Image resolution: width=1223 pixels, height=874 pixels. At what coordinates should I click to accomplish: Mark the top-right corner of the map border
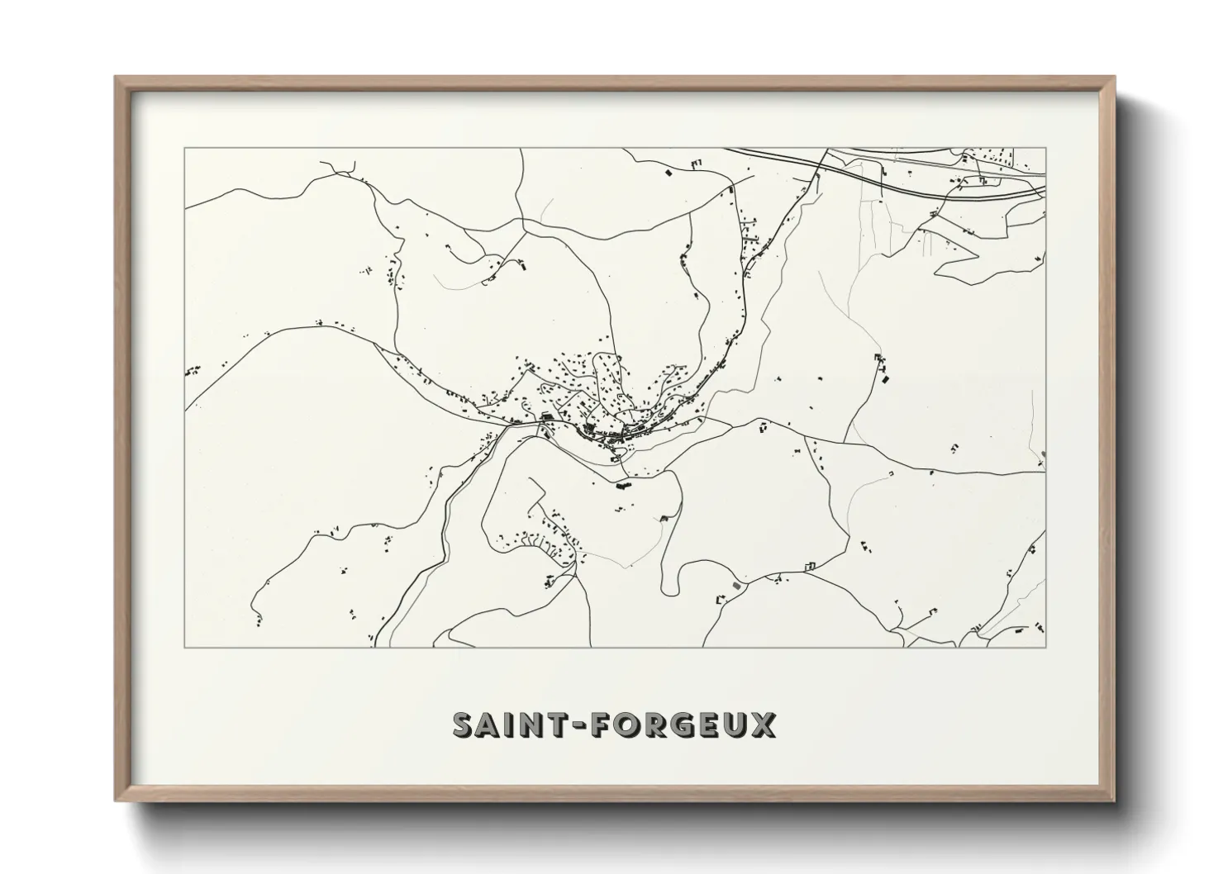pos(1045,148)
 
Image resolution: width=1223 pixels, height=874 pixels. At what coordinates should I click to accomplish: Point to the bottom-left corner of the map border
pos(185,647)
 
